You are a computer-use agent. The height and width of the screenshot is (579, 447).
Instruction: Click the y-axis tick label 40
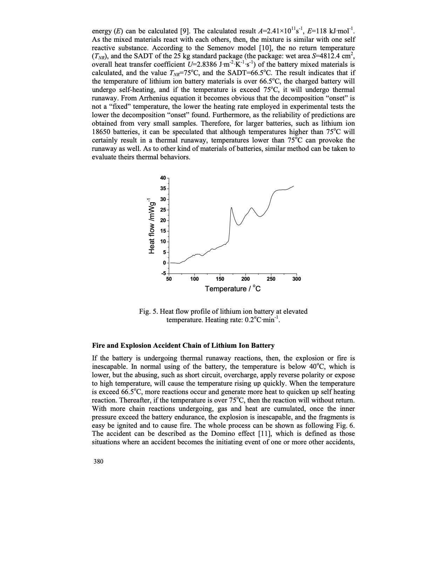click(163, 178)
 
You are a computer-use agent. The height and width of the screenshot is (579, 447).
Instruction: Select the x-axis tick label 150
click(220, 279)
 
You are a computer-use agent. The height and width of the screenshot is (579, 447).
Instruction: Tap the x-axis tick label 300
click(297, 279)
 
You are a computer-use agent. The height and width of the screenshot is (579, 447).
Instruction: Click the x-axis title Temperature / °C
click(233, 289)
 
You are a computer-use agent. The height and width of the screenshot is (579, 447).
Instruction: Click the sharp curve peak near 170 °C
click(231, 207)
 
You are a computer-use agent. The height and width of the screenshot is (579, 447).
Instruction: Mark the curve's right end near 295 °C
click(293, 186)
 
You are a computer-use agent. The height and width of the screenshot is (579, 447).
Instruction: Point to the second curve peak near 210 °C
click(251, 208)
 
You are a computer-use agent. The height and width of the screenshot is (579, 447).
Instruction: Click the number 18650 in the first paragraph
click(101, 132)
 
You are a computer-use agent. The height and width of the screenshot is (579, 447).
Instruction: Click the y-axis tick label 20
click(163, 220)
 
